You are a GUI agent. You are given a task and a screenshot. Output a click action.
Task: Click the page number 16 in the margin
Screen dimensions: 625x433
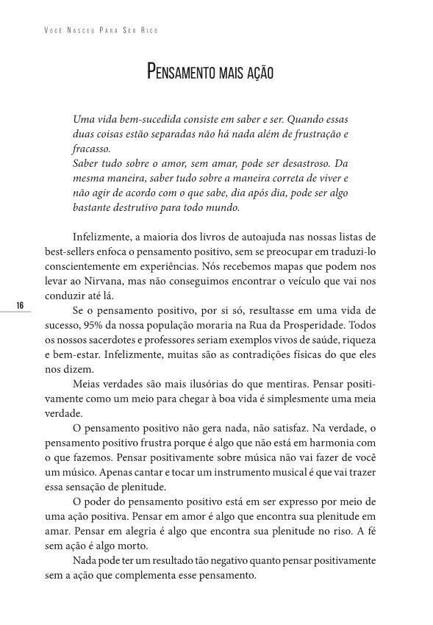click(20, 305)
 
